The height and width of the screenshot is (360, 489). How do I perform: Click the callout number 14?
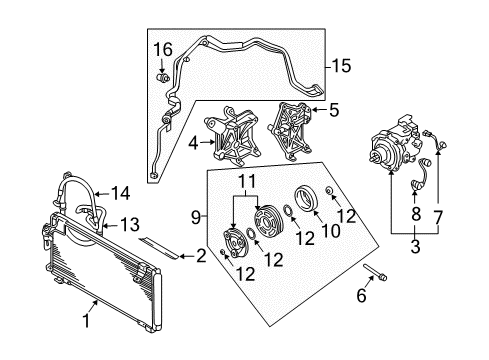point(120,192)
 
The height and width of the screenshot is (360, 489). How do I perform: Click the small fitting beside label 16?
point(159,73)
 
